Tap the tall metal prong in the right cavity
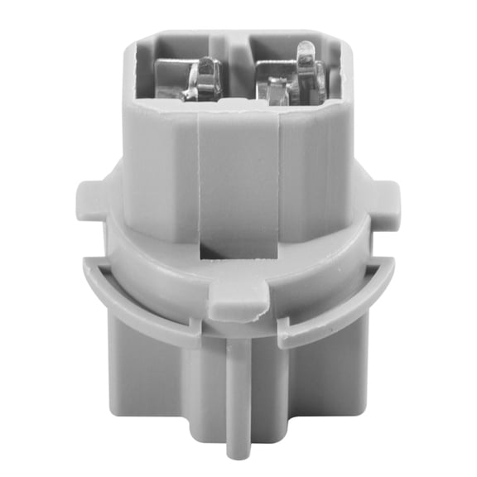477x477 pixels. [306, 66]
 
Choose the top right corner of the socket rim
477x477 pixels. [341, 37]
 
